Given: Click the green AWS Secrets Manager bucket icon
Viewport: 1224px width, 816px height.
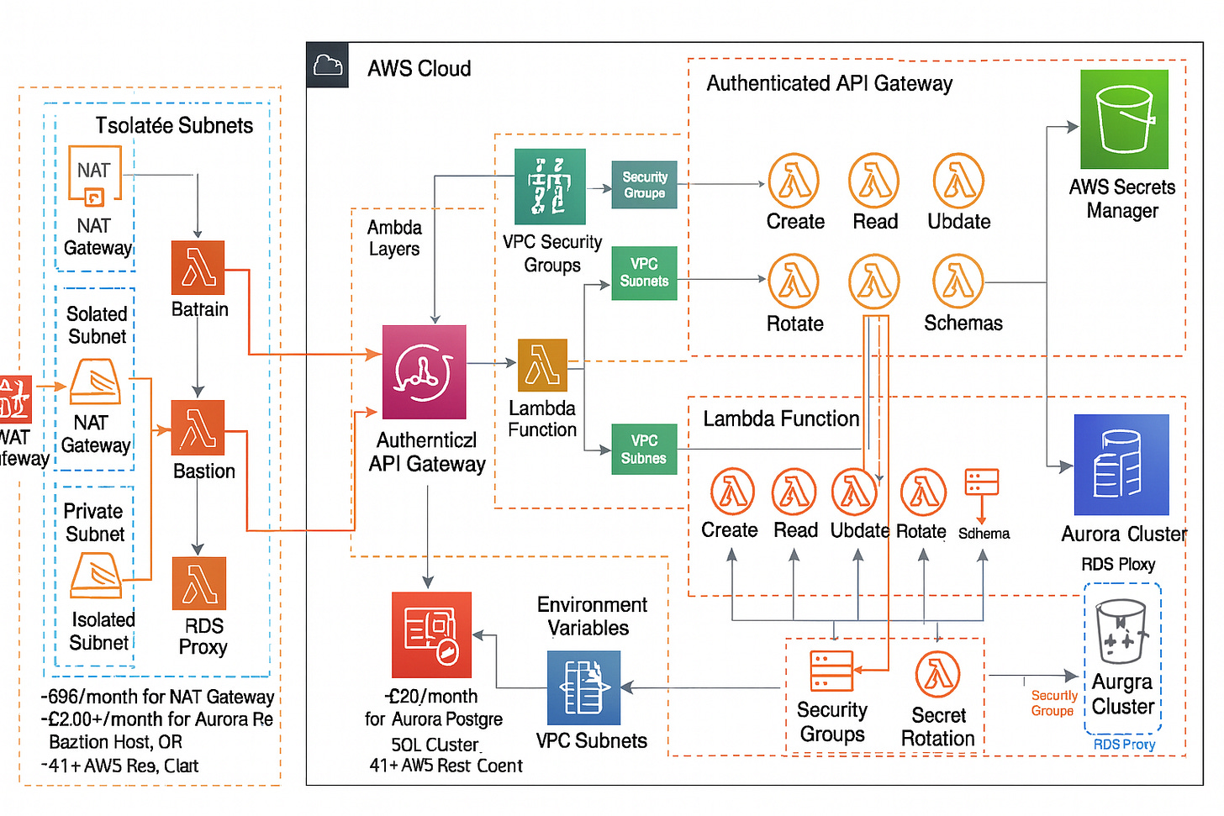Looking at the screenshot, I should tap(1124, 119).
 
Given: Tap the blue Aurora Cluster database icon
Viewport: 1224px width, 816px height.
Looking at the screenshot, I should tap(1121, 465).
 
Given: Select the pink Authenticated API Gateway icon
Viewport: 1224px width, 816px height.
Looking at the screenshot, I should tap(424, 372).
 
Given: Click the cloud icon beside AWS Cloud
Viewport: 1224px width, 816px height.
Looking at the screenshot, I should tap(328, 65).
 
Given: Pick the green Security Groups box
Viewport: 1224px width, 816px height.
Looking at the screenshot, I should tap(644, 185).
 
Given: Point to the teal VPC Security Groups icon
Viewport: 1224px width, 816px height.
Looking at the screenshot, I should tap(550, 187).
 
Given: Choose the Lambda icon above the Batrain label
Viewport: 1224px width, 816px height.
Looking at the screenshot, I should tap(198, 267).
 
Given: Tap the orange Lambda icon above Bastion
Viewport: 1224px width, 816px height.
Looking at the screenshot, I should tap(198, 428).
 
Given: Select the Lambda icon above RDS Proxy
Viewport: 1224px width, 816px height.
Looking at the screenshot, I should tap(199, 583).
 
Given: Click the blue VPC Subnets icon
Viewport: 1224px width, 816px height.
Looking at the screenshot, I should tap(583, 687).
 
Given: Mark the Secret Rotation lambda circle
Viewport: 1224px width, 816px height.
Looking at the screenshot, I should tap(938, 675).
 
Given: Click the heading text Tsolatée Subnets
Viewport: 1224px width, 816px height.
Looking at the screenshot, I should tap(174, 126).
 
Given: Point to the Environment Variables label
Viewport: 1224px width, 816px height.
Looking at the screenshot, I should tap(591, 616).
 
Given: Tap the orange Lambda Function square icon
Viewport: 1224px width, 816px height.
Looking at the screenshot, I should tap(542, 366).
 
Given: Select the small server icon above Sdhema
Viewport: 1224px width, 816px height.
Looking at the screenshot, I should tap(982, 482).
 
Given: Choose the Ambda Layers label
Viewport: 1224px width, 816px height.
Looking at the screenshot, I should tap(394, 238).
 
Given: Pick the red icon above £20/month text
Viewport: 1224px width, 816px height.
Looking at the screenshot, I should tap(431, 634).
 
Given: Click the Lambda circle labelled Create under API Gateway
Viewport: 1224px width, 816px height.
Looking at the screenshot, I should tap(794, 181).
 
